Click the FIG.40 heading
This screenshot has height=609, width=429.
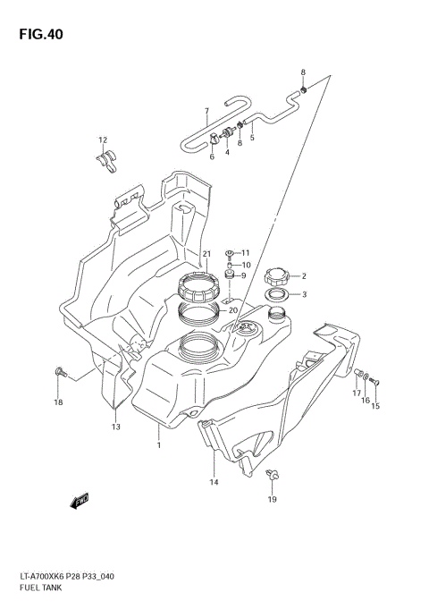tap(38, 35)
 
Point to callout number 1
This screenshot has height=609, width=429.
tap(159, 444)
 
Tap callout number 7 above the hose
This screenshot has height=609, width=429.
tap(206, 112)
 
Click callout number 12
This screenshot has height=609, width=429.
tap(103, 140)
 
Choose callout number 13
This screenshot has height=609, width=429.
tap(115, 427)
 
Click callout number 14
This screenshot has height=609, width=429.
tap(214, 482)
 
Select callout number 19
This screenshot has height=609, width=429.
tap(273, 499)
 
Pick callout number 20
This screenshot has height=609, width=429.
tap(233, 310)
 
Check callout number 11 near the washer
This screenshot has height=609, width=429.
tap(245, 252)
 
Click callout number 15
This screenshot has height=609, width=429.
tap(375, 406)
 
